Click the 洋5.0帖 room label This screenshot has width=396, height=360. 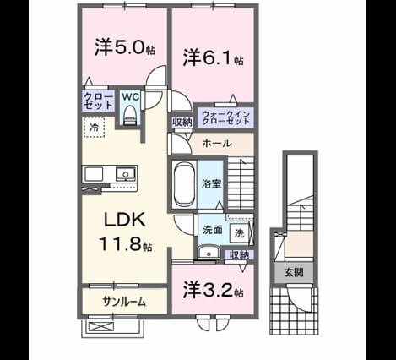[x=124, y=47]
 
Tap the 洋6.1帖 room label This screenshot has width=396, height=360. [x=213, y=57]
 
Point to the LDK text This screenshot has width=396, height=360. [x=125, y=220]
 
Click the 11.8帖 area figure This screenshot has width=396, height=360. [x=126, y=243]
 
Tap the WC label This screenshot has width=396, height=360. [x=131, y=96]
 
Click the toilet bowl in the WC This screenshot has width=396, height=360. [x=130, y=113]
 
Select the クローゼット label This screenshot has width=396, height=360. [x=99, y=101]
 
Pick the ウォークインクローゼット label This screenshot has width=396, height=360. [x=226, y=117]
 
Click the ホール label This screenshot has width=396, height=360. [x=217, y=144]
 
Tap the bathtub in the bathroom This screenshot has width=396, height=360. [x=183, y=184]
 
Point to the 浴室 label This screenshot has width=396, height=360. [x=211, y=183]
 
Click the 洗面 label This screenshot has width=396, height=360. [x=213, y=230]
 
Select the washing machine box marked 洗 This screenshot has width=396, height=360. [x=239, y=233]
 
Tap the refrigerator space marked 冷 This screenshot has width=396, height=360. [x=94, y=128]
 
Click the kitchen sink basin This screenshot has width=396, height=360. [x=125, y=173]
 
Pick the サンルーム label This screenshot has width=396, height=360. [x=124, y=302]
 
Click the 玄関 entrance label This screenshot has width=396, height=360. [x=294, y=272]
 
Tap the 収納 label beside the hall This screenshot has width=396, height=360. [x=182, y=123]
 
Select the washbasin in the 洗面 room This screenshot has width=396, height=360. [x=209, y=252]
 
